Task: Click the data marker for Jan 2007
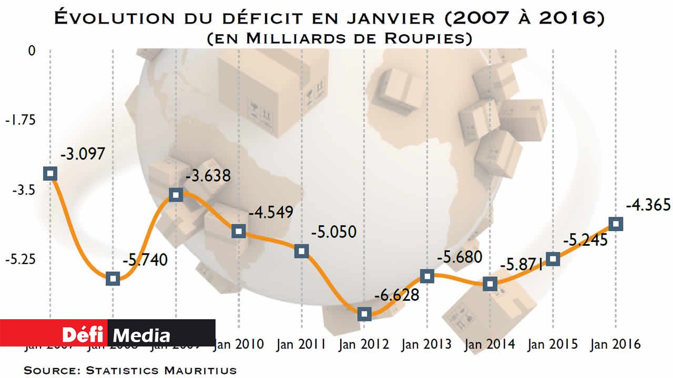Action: pos(50,173)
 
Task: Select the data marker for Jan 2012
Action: pos(364,314)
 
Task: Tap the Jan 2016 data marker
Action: pos(616,224)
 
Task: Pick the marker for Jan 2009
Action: pos(176,195)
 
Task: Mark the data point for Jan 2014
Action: pos(490,284)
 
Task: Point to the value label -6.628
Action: pos(396,295)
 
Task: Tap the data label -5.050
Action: pos(333,232)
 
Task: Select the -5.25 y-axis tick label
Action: pos(20,259)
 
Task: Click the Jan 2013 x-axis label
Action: pos(426,344)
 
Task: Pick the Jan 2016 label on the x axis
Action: pos(616,344)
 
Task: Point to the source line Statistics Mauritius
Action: pos(130,370)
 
